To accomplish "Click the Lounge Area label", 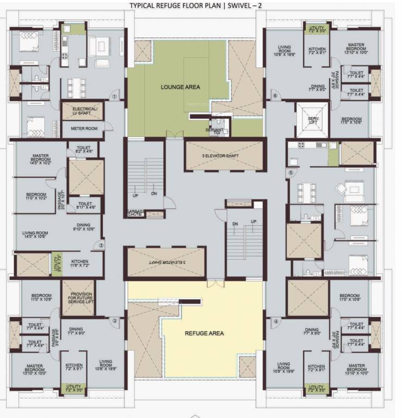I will (180, 87).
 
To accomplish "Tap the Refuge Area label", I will (205, 333).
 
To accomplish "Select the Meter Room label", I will (84, 128).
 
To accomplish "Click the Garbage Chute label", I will (135, 213).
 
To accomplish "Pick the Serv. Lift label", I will (313, 121).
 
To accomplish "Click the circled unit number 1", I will (115, 96).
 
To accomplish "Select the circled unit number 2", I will (101, 245).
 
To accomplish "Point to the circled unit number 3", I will (115, 321).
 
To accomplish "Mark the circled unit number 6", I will (275, 96).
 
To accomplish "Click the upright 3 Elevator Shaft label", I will (225, 156).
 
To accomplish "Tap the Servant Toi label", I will (214, 131).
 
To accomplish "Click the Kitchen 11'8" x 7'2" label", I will (78, 262).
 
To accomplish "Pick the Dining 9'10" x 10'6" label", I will (83, 227).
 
